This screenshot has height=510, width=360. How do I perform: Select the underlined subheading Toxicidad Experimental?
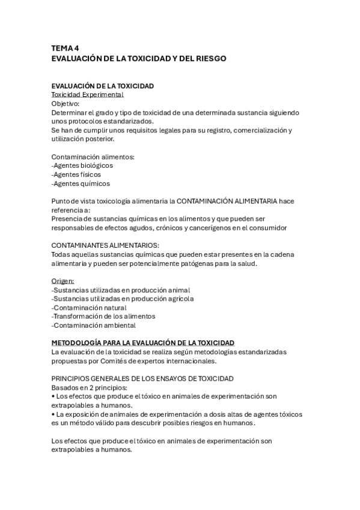point(88,95)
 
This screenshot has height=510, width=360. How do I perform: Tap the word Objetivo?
point(69,103)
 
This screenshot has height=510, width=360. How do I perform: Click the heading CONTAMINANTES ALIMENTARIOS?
point(105,245)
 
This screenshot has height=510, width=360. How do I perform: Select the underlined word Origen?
point(63,281)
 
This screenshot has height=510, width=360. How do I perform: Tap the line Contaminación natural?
point(89,307)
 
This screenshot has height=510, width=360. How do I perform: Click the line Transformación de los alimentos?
point(103,316)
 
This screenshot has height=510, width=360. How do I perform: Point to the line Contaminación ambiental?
point(94,325)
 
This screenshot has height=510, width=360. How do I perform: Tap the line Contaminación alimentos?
point(93,157)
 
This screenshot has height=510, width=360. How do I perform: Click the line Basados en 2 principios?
point(89,387)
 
